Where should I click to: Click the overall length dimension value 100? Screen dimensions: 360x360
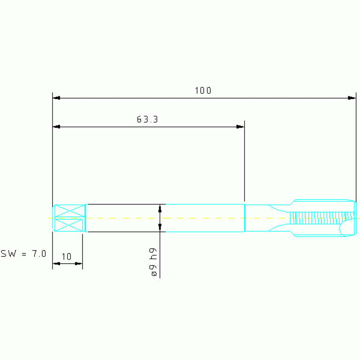203,91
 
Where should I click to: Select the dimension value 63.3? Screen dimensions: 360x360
147,119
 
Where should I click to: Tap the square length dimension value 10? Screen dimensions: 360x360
66,256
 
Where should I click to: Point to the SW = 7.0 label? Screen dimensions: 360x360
23,254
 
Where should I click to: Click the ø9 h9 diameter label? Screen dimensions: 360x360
153,262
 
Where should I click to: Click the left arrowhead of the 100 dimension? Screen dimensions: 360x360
56,98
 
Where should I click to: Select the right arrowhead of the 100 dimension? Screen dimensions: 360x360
352,98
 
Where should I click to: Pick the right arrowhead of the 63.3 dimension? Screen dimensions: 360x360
240,127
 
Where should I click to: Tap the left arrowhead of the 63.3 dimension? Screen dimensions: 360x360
56,127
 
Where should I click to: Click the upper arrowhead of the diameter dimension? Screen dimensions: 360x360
160,208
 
